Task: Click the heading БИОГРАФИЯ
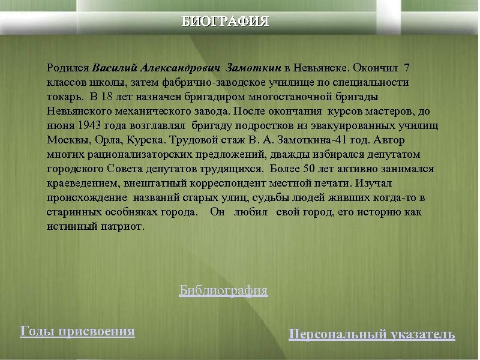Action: point(226,22)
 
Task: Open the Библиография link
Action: point(223,291)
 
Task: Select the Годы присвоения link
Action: point(77,331)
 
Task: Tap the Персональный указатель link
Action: point(371,334)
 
